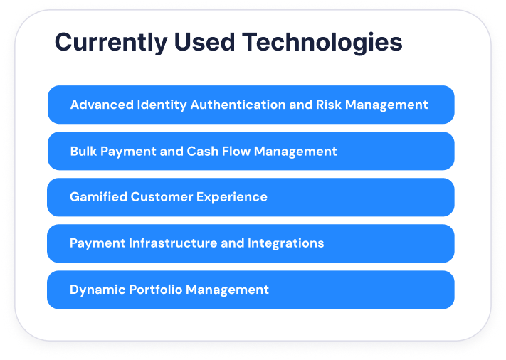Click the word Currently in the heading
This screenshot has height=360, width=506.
111,43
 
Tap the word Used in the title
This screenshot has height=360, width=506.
204,41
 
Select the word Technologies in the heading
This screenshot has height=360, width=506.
322,43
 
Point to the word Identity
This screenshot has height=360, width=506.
162,105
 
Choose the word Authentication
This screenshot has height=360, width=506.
238,105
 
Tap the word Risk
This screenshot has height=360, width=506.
329,105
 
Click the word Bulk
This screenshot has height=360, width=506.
83,151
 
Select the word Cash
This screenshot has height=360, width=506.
202,151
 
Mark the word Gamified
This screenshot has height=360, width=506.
98,197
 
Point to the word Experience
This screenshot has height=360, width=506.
232,198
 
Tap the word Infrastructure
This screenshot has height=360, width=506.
173,243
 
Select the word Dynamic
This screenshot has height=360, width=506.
97,290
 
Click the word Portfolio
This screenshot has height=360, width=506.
156,290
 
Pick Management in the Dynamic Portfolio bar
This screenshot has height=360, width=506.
227,290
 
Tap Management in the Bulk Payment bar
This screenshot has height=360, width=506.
295,152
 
